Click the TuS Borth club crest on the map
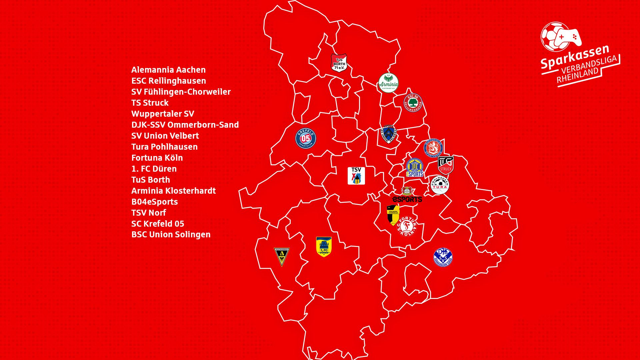coord(339,63)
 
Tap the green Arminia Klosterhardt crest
coord(388,83)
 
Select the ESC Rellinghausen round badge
coord(413,103)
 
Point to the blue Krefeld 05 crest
coord(306,138)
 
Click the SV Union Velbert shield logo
coord(388,134)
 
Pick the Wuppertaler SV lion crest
coord(433,148)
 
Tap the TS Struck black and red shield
coord(446,165)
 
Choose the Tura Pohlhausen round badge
coord(440,185)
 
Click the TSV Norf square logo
coord(356,176)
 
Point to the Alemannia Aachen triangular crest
coord(282,256)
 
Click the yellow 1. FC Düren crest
coord(324,247)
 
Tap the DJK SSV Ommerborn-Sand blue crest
coord(443,257)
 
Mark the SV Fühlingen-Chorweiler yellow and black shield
coord(393,215)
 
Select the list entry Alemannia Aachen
coord(168,70)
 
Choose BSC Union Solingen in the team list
coord(171,234)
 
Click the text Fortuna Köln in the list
coord(157,158)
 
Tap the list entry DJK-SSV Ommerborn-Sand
coord(185,125)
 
